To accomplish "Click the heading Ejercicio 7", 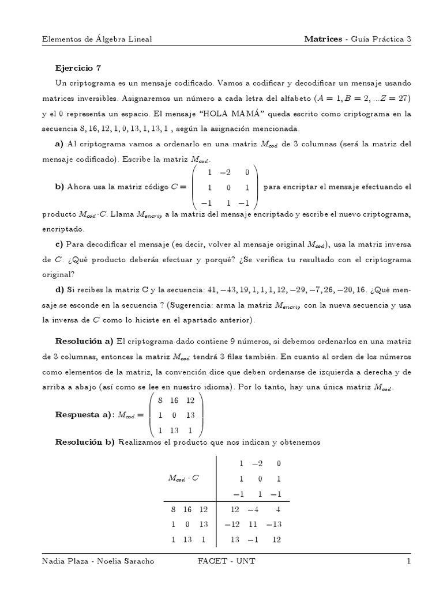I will coord(78,67).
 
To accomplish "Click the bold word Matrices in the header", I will coord(324,39).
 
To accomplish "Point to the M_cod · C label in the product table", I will coord(183,478).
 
